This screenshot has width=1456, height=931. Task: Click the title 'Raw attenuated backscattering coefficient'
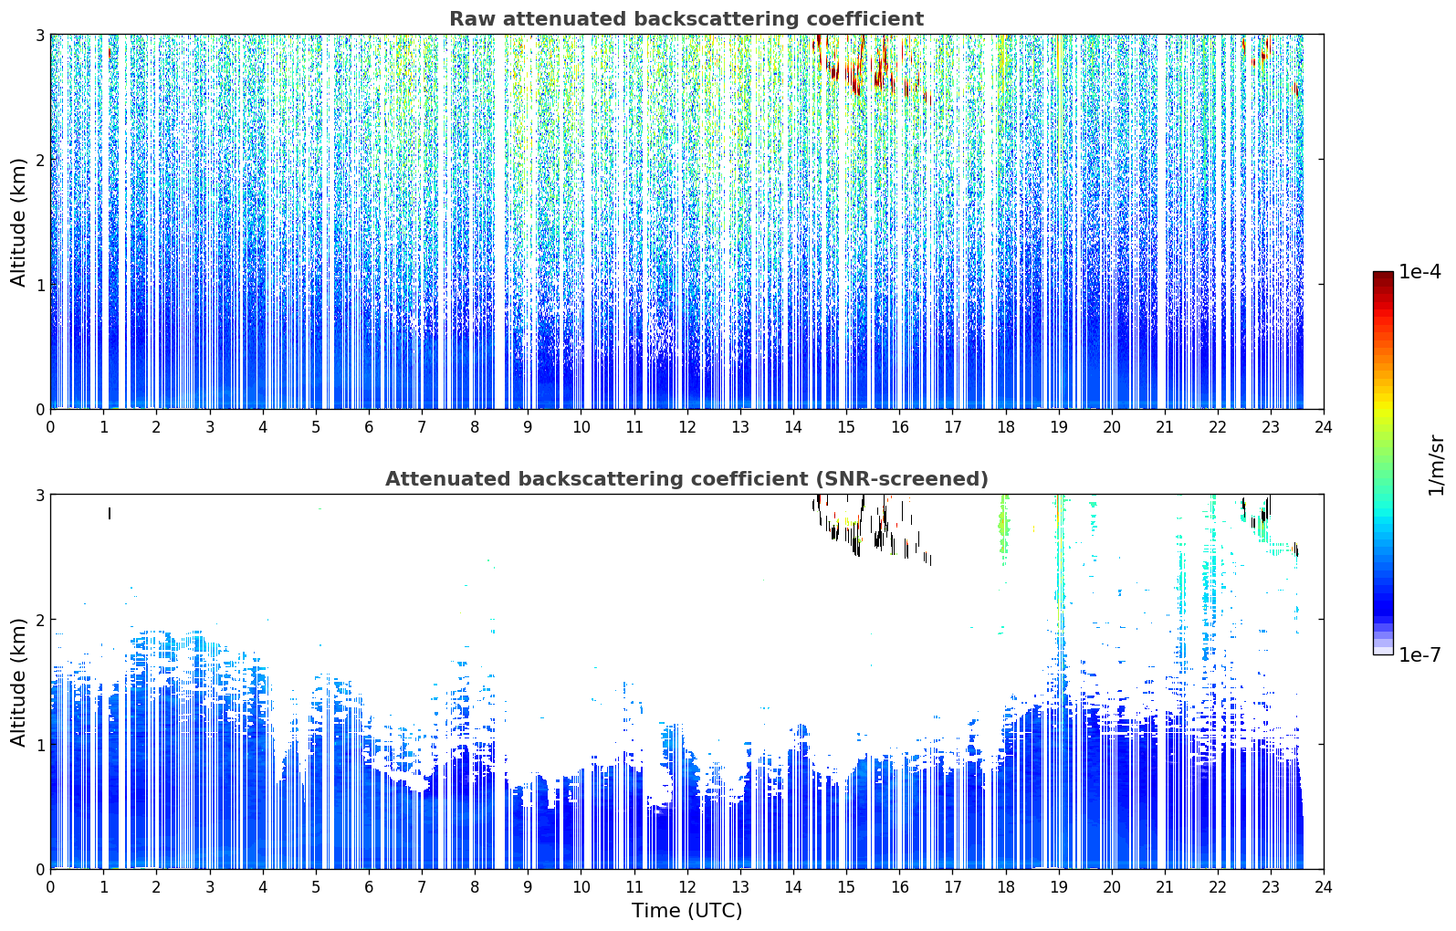pos(686,19)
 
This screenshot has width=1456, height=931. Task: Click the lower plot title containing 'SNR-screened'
pos(686,479)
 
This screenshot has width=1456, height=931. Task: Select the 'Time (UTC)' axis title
pos(686,911)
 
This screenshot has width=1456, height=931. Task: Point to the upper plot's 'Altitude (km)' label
pos(18,223)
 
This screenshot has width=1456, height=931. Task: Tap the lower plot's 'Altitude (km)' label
pos(18,683)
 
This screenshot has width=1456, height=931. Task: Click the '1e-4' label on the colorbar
pos(1419,272)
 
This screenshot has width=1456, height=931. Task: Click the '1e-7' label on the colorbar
pos(1419,654)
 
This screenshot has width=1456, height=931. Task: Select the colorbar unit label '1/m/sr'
pos(1436,465)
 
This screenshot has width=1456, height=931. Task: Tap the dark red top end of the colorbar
pos(1383,275)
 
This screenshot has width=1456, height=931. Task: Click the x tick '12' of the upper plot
pos(687,428)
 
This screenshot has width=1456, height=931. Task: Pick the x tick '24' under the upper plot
pos(1324,428)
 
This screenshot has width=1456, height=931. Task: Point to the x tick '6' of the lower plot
pos(369,887)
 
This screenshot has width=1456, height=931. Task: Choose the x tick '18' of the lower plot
pos(1006,887)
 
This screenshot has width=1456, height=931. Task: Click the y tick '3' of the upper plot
pos(39,35)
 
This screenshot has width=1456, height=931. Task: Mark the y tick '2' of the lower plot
pos(39,620)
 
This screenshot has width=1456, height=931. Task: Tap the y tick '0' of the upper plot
pos(39,410)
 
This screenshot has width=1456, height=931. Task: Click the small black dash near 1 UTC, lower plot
pos(110,514)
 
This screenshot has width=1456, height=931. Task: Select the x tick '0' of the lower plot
pos(51,887)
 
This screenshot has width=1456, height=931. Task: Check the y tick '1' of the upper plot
pos(39,285)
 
